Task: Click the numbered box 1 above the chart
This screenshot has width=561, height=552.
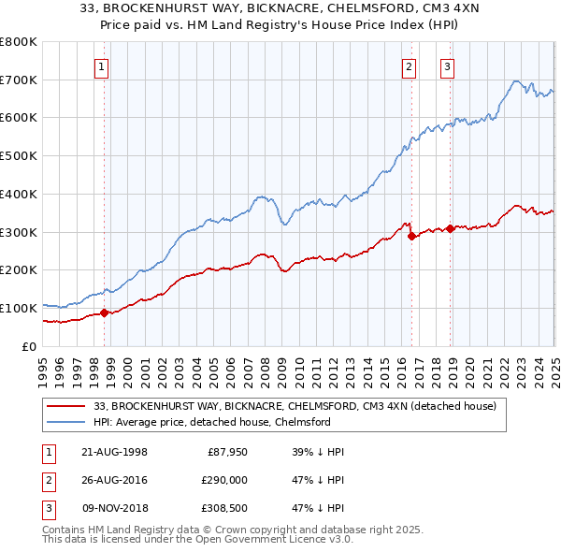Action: coord(100,66)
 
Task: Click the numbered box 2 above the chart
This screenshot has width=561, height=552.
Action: coord(410,66)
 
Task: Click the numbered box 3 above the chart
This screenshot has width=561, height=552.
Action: coord(448,66)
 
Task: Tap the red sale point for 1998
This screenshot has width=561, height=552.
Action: coord(105,312)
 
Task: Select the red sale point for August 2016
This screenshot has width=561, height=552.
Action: coord(412,236)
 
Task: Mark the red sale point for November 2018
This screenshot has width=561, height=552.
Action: coord(450,228)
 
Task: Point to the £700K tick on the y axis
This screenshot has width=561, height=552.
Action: coord(19,80)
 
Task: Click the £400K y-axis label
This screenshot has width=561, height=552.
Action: coord(19,194)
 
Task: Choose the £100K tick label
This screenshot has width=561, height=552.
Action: coord(19,308)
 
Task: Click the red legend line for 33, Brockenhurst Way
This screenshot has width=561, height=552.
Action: coord(66,407)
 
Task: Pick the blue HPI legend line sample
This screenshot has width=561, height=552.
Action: coord(66,422)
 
